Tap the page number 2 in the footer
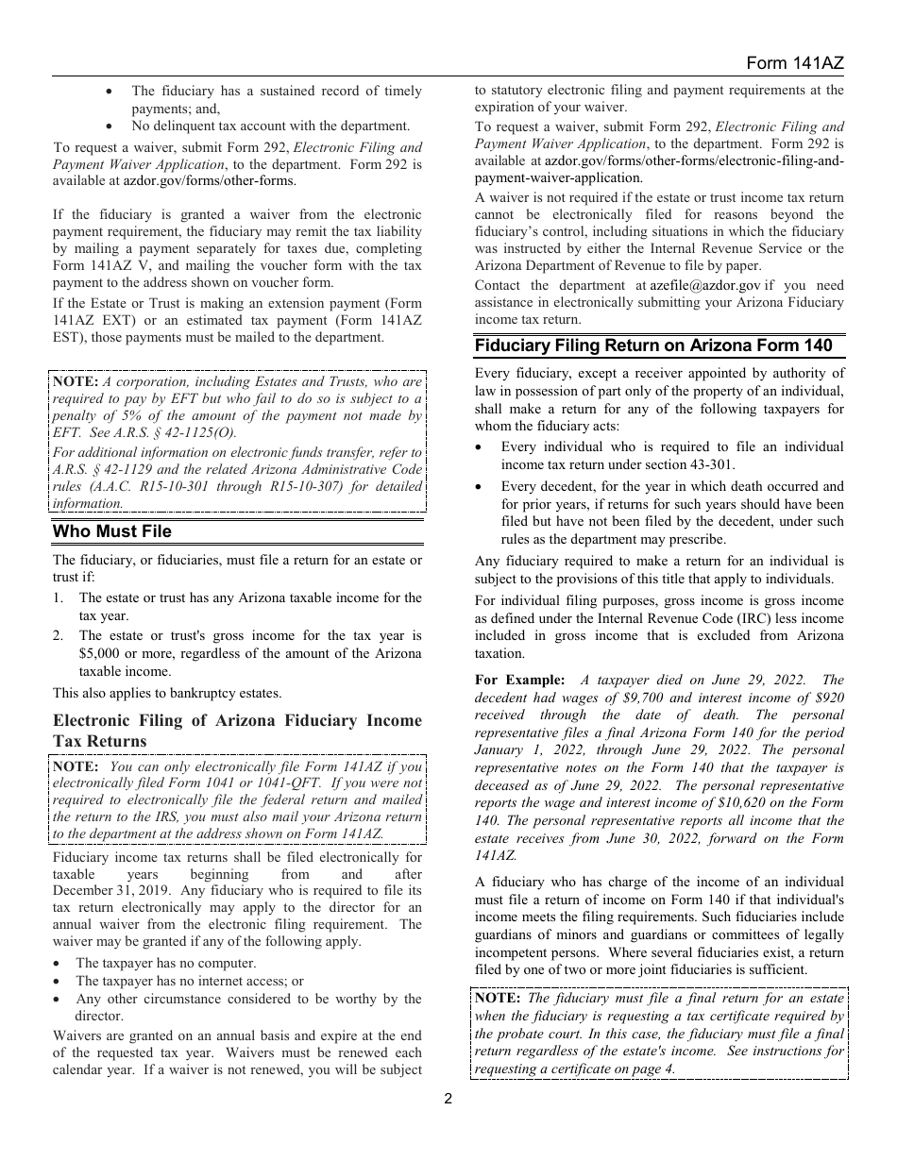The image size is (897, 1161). (x=448, y=1098)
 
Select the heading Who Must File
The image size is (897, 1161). (x=112, y=531)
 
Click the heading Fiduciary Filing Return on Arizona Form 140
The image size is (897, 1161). (x=653, y=345)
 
